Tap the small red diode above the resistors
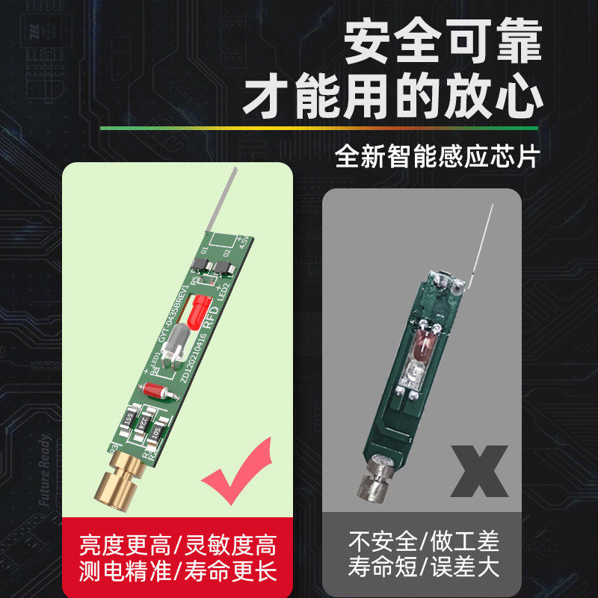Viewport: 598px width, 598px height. point(158,390)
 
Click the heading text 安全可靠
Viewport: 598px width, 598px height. point(442,44)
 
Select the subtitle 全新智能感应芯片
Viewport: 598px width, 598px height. point(437,156)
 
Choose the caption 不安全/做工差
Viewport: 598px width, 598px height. point(423,540)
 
